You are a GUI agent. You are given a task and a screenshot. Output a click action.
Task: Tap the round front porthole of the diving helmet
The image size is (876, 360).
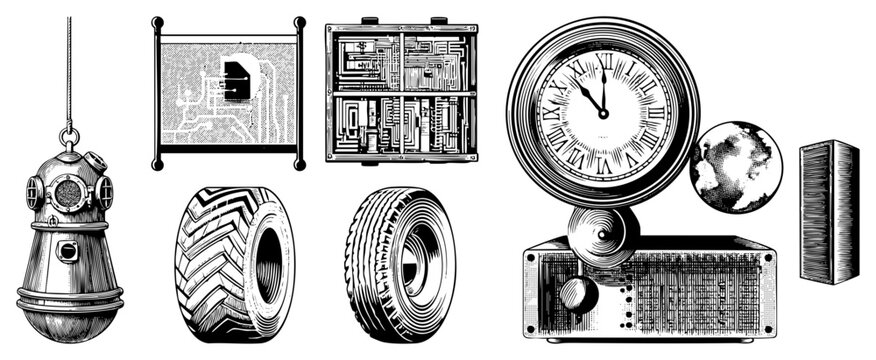68,191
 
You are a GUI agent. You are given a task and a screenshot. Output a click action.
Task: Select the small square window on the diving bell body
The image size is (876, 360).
66,250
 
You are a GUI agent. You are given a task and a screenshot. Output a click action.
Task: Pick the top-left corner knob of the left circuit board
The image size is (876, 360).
157,22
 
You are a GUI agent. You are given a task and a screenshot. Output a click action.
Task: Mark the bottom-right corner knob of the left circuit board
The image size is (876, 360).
299,163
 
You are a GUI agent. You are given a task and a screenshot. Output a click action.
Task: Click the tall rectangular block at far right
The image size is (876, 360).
829,211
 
